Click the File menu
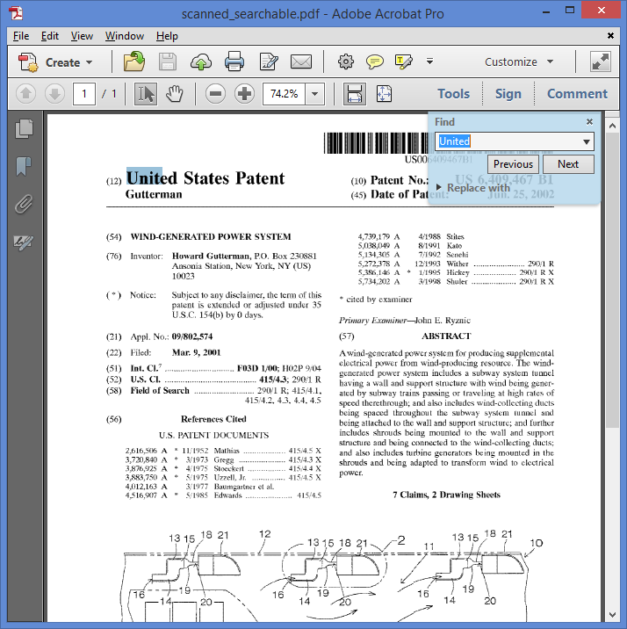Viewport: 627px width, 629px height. point(21,36)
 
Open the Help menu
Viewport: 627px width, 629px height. point(167,36)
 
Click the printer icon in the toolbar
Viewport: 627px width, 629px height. point(234,62)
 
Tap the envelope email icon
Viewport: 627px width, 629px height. point(301,62)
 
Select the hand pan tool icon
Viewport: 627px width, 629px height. point(174,94)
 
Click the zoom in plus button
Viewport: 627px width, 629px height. point(244,94)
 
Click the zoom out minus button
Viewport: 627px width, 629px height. point(215,94)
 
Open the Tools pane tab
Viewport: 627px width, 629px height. point(453,94)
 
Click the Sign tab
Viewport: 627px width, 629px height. point(508,94)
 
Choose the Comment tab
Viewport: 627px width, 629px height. point(577,94)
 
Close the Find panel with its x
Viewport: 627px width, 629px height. point(589,122)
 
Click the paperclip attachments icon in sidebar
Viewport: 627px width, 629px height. point(24,204)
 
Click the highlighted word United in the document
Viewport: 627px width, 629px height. point(144,178)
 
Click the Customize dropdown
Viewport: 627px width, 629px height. point(519,62)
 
